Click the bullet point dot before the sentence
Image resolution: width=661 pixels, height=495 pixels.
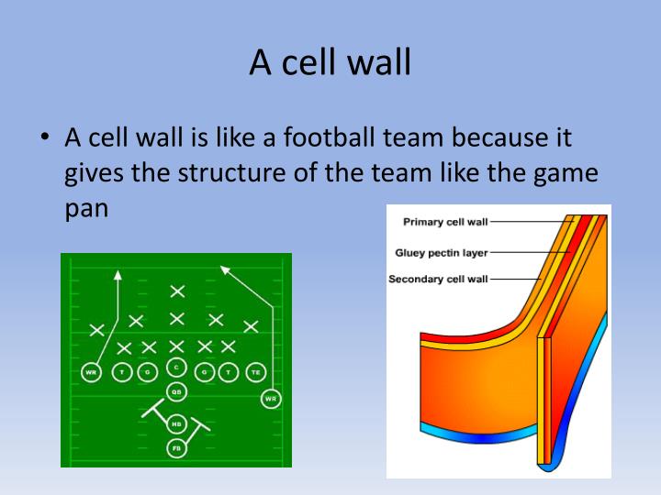tap(43, 139)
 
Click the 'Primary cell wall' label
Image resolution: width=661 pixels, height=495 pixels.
tap(445, 221)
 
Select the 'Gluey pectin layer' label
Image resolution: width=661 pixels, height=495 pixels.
tap(442, 251)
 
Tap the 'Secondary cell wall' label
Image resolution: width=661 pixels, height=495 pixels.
tap(438, 279)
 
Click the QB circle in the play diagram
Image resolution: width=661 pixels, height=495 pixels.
tap(176, 391)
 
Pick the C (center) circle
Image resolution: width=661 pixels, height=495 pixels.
tap(176, 367)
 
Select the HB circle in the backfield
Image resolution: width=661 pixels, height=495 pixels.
tap(176, 424)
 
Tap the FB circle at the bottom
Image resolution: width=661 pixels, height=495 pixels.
tap(176, 448)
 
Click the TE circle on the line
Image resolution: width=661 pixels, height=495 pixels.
tap(255, 371)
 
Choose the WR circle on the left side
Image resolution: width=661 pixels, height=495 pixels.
tap(91, 372)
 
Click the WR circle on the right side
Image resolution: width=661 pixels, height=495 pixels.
tap(271, 399)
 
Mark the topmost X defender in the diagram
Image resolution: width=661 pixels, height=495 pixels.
tap(177, 291)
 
